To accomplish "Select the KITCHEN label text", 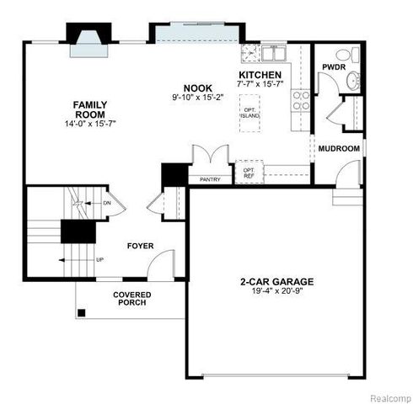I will tap(259, 74).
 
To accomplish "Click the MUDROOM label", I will tap(339, 149).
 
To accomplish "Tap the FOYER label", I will tap(141, 246).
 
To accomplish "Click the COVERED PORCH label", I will tap(132, 298).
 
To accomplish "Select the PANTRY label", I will tap(209, 179).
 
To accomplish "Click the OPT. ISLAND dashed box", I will tap(249, 113).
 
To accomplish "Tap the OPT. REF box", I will tap(249, 173).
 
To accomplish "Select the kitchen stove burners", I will tap(299, 101).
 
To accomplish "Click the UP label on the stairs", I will tap(99, 259).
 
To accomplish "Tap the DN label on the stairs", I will tap(107, 203).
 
